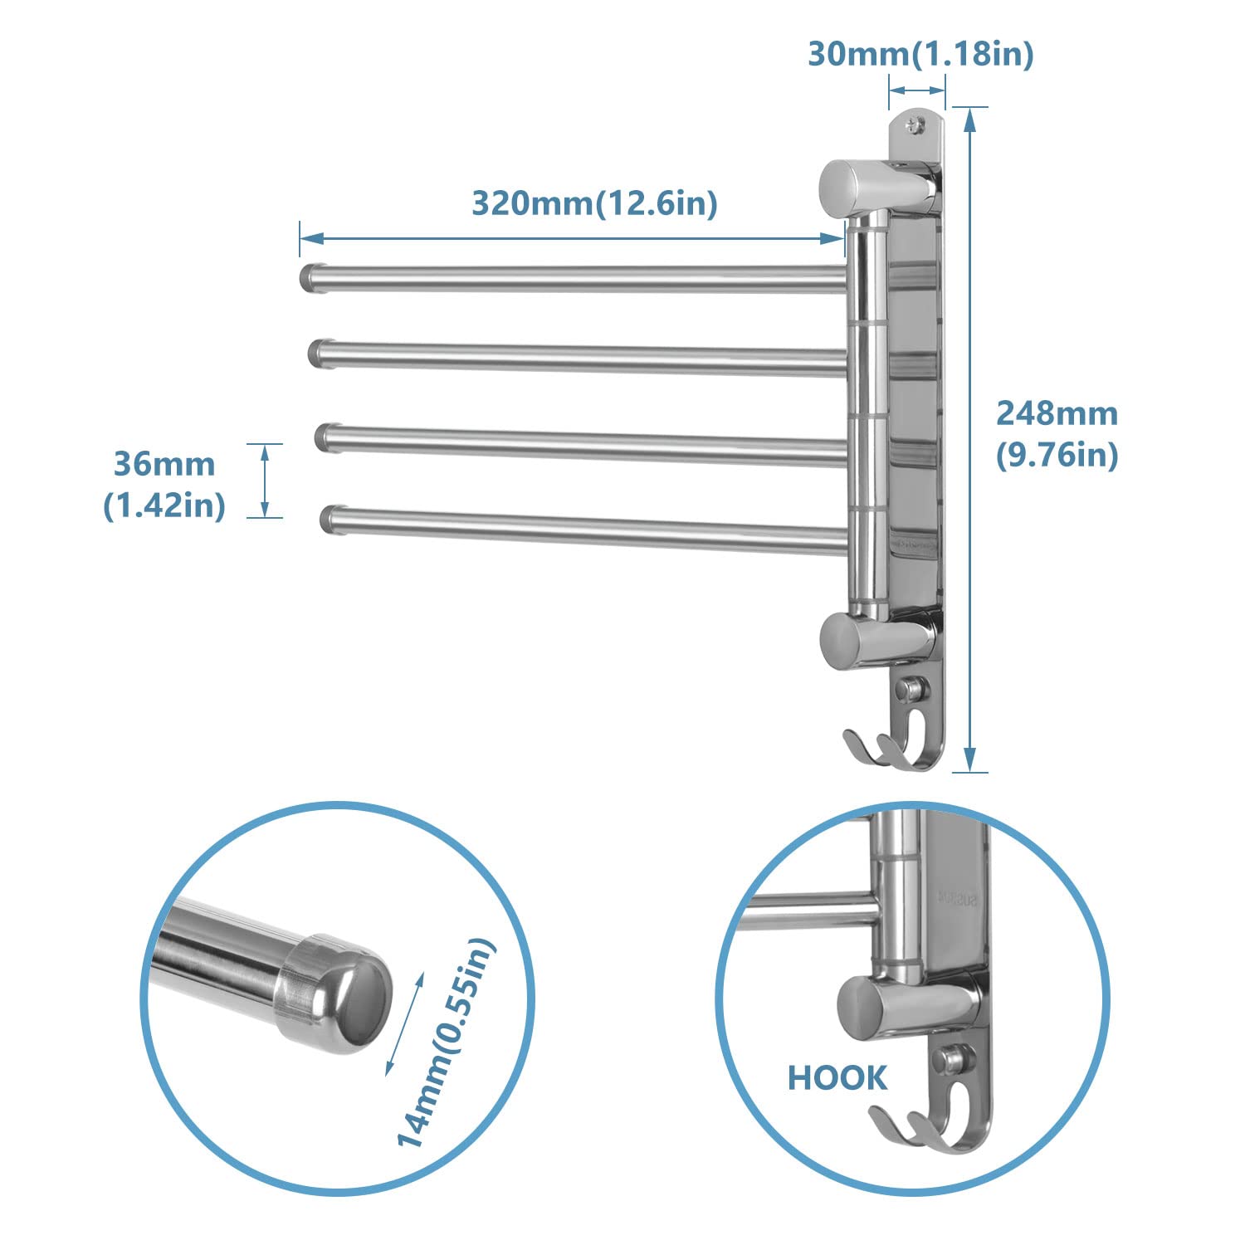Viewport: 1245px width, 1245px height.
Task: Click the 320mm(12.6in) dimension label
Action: coord(594,203)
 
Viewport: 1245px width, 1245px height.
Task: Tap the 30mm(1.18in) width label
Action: coord(920,55)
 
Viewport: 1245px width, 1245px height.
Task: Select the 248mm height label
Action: coord(1057,413)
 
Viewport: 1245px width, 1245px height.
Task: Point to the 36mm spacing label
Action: coord(164,464)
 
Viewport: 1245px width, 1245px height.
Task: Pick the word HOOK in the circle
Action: coord(837,1078)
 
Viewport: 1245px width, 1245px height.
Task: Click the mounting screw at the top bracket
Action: coord(915,125)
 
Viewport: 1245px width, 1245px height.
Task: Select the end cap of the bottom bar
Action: coord(330,519)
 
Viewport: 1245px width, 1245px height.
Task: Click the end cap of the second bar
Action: coord(319,352)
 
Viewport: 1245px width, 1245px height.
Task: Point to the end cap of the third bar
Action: coord(325,437)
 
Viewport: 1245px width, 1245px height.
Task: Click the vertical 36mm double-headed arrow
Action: coord(265,481)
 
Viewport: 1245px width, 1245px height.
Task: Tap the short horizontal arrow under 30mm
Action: coord(917,90)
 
